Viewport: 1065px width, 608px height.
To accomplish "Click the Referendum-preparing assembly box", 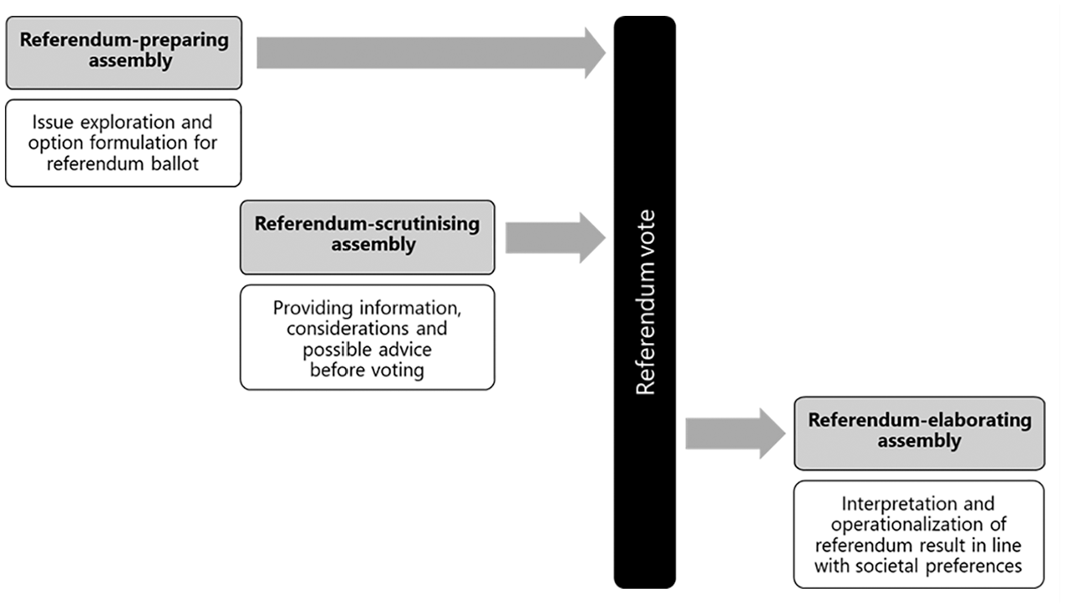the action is (123, 53).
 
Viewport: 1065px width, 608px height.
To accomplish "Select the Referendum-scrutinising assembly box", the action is (367, 237).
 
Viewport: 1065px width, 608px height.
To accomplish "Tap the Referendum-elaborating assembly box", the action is (919, 434).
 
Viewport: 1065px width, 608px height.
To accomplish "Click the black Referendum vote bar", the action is (645, 303).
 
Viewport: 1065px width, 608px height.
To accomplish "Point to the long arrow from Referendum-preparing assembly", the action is (431, 53).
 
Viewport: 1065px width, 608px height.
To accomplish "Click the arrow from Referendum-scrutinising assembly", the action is (555, 237).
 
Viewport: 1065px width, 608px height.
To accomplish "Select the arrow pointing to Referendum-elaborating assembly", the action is (735, 434).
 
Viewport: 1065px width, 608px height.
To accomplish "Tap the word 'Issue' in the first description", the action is (53, 122).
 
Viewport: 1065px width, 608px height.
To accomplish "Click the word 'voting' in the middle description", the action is (396, 371).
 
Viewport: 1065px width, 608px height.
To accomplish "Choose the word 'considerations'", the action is (347, 329).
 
